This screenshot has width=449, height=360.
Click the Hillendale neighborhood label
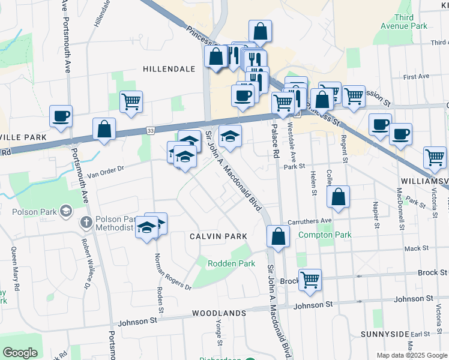pos(169,69)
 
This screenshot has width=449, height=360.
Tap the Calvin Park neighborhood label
pos(218,236)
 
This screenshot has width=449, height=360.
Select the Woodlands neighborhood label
pos(219,313)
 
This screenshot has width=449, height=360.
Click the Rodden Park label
pos(231,263)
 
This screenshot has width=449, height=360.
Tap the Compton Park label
pos(325,235)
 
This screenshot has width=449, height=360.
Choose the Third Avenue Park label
pos(403,22)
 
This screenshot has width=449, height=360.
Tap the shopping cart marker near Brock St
pos(310,280)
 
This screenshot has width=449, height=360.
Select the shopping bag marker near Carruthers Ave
pos(339,196)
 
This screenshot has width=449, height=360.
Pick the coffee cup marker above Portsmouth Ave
pos(61,116)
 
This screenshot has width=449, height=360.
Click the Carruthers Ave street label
pos(310,221)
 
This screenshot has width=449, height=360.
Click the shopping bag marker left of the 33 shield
pos(104,129)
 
